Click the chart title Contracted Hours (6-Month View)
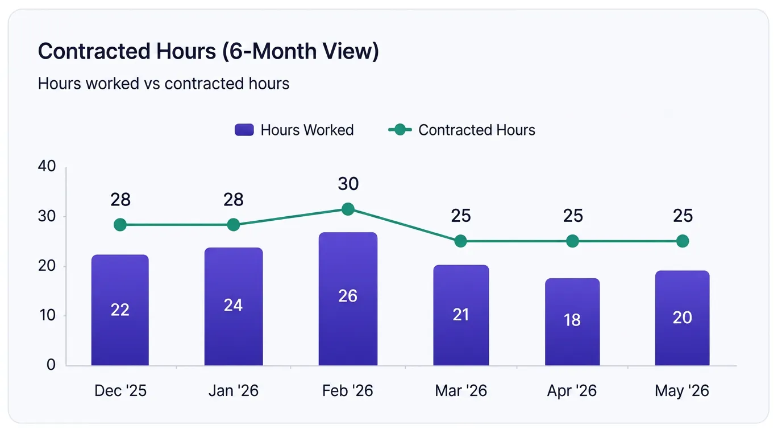point(208,51)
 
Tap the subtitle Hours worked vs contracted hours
point(164,84)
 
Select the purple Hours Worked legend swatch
point(244,130)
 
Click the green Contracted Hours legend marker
point(400,130)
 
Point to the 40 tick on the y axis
point(47,166)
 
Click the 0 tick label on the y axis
point(51,365)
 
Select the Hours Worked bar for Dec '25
point(120,310)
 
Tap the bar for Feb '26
point(348,299)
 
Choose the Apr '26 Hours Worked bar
point(572,322)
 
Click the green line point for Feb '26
point(348,209)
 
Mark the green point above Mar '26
point(461,241)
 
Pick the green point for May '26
point(683,241)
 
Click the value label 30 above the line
point(348,184)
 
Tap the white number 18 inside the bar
point(572,320)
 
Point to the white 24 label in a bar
point(233,305)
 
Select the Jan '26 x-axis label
point(234,390)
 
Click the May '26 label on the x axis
point(682,391)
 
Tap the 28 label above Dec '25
point(120,200)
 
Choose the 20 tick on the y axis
point(47,266)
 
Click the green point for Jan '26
point(234,225)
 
